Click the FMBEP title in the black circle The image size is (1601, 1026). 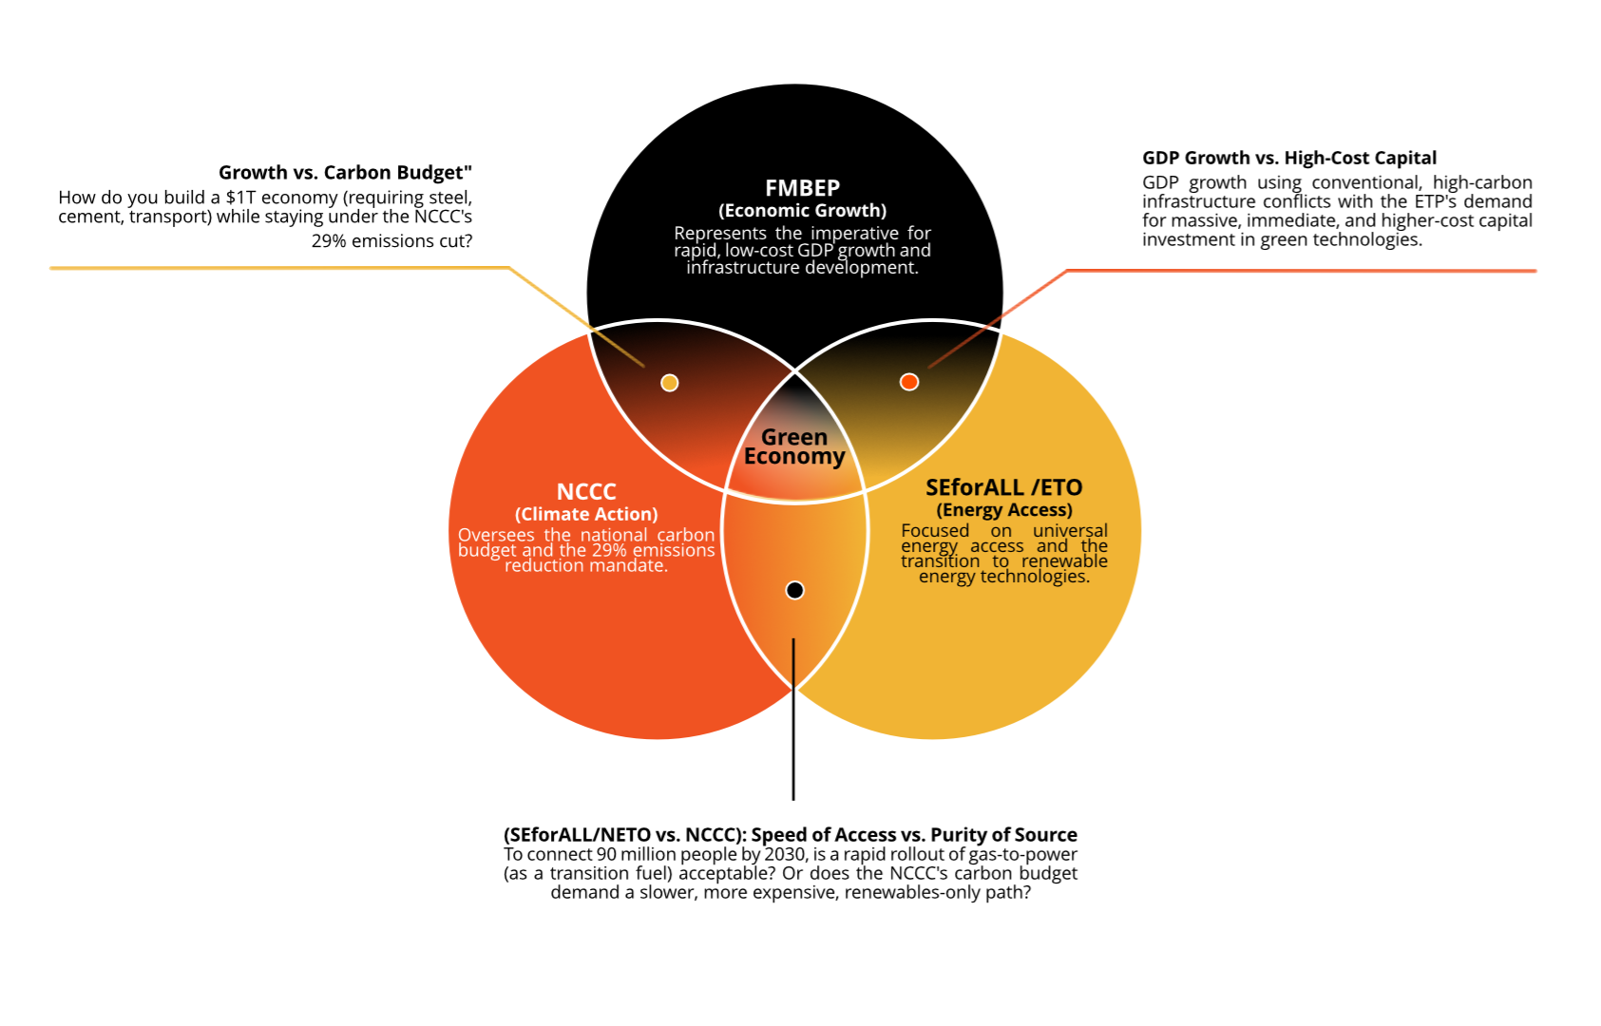click(x=802, y=188)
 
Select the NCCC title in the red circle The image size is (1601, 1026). click(x=586, y=491)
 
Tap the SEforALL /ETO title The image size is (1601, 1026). click(x=1003, y=487)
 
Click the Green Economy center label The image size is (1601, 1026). click(x=794, y=446)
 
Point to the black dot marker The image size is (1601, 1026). click(x=795, y=590)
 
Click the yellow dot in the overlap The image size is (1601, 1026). click(x=670, y=383)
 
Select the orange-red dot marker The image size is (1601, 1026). click(x=909, y=382)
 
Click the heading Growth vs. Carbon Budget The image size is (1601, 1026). click(x=345, y=172)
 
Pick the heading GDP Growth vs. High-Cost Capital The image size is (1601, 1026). click(x=1289, y=158)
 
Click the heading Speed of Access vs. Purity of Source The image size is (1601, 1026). click(x=913, y=834)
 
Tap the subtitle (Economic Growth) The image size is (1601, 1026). click(x=802, y=210)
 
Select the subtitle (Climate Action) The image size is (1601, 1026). click(x=586, y=514)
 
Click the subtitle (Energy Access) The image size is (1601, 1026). click(x=1004, y=510)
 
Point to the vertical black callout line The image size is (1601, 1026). click(x=793, y=722)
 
